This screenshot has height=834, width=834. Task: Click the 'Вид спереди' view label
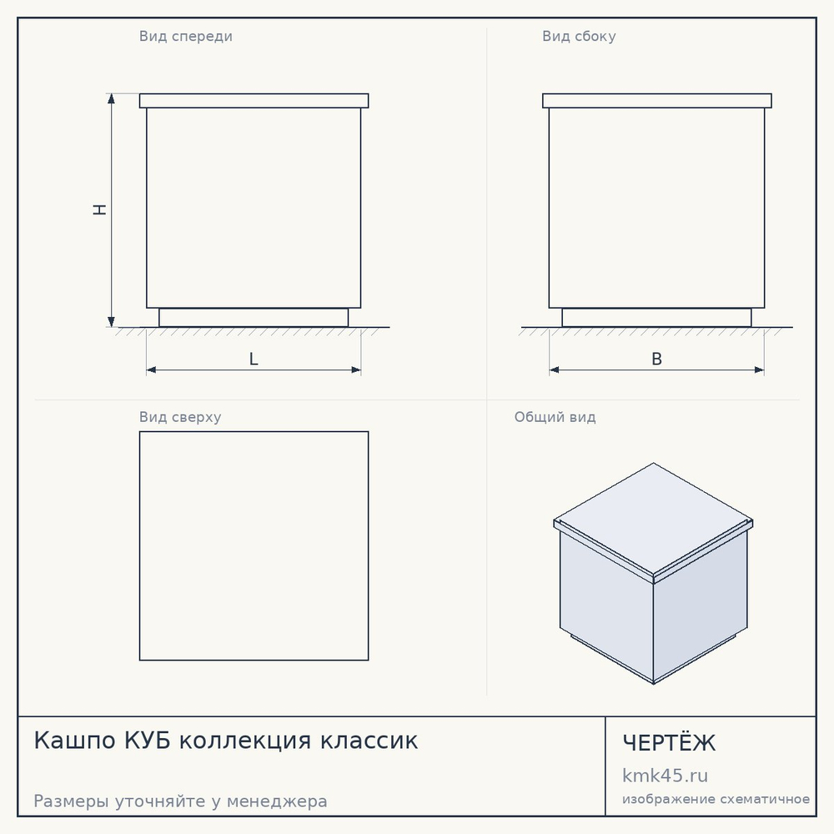click(x=186, y=37)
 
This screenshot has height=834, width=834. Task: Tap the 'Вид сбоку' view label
click(x=579, y=37)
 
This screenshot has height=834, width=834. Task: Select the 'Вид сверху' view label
click(x=180, y=417)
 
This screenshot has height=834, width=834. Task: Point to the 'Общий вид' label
click(x=555, y=417)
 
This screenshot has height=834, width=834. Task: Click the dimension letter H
click(x=99, y=209)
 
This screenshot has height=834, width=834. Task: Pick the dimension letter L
click(x=254, y=359)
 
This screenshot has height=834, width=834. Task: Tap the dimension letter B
click(x=657, y=359)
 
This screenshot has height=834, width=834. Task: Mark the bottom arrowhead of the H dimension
click(x=111, y=321)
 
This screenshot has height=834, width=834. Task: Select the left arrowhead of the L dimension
click(x=152, y=369)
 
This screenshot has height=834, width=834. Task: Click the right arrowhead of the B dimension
click(x=759, y=369)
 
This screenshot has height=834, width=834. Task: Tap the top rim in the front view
click(x=254, y=101)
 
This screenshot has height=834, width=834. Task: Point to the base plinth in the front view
click(x=254, y=318)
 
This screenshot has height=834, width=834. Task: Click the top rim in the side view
click(x=657, y=101)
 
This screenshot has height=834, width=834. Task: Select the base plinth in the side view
click(x=657, y=318)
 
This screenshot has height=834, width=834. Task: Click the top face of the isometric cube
click(x=653, y=520)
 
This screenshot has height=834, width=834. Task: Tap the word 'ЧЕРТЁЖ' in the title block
click(x=669, y=742)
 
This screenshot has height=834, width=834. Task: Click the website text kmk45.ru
click(x=665, y=776)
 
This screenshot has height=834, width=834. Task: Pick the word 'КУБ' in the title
click(x=148, y=741)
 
